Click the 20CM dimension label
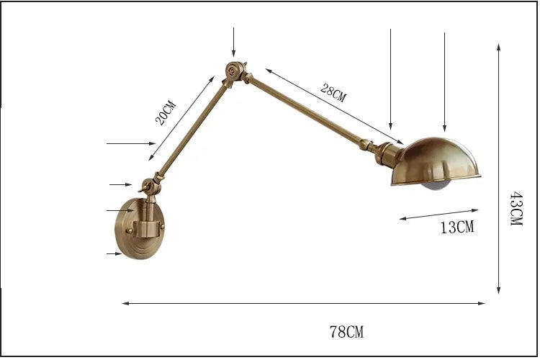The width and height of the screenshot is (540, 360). click(166, 113)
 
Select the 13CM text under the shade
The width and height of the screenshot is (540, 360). click(457, 228)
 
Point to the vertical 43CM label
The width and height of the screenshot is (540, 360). click(516, 209)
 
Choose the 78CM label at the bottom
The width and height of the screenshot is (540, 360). click(346, 332)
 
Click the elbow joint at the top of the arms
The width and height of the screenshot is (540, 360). click(234, 72)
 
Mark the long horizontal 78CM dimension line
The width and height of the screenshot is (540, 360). click(303, 303)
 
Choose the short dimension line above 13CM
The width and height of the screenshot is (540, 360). click(438, 214)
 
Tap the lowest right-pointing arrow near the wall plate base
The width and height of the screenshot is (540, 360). click(114, 254)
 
